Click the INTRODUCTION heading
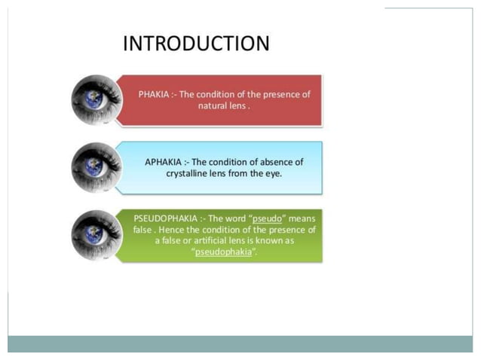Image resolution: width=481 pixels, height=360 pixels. [x=196, y=43]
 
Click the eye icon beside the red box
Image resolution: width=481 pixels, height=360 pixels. [x=97, y=100]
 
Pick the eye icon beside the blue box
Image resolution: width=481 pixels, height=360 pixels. [x=97, y=167]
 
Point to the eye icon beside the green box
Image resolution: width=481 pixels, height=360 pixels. [x=97, y=236]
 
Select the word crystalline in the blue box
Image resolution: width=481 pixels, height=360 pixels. [x=190, y=173]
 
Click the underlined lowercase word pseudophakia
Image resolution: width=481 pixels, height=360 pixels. [x=222, y=252]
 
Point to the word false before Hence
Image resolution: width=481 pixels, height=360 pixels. [x=144, y=230]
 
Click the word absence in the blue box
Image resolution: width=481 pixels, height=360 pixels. [x=271, y=162]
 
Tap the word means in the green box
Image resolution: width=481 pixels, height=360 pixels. [x=300, y=218]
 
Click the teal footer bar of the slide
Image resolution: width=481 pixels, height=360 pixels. [x=240, y=343]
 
